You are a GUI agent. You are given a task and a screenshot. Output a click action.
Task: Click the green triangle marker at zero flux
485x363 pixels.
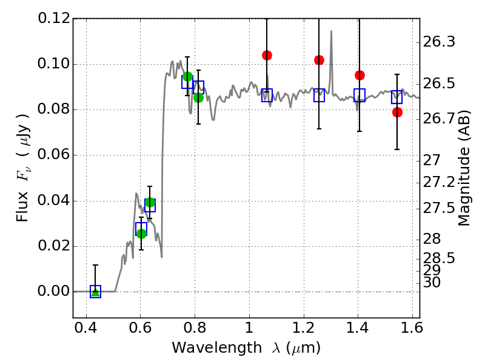click(95, 292)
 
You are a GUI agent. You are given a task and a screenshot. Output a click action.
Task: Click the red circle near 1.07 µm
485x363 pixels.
click(267, 55)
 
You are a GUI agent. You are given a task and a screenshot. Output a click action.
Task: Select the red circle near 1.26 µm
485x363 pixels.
click(319, 60)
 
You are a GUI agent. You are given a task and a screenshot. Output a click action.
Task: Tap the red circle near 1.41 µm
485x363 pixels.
click(360, 75)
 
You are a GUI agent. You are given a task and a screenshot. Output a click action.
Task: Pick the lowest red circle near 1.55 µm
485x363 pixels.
click(397, 112)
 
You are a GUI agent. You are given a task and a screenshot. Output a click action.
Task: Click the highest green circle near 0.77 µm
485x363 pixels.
click(187, 76)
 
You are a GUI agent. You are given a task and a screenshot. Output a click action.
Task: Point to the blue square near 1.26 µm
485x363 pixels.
click(319, 95)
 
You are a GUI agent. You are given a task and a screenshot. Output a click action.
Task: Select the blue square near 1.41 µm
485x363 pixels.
click(360, 95)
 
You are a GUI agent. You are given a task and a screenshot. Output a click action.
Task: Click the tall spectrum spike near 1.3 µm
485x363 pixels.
click(331, 31)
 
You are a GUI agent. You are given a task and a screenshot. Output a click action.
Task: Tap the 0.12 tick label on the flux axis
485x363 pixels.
click(54, 18)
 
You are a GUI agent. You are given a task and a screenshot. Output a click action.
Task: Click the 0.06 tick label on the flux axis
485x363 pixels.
click(54, 155)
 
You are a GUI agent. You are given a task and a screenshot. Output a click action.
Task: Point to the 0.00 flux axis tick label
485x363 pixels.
click(54, 292)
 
